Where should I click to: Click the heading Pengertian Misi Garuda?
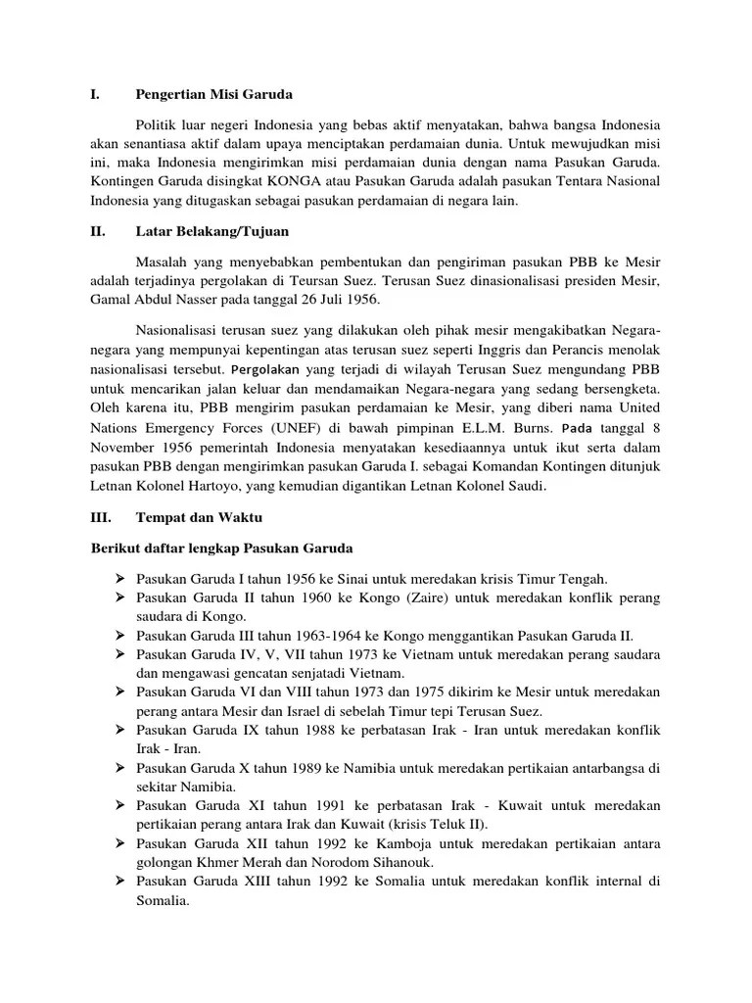(213, 95)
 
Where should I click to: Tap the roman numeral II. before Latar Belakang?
(99, 231)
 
